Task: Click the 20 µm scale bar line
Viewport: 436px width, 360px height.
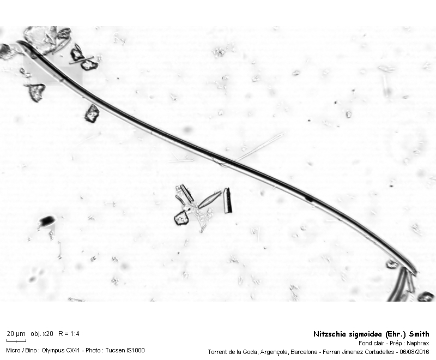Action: point(16,340)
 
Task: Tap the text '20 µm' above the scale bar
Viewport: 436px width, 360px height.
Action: point(16,334)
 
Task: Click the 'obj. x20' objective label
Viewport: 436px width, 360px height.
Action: point(42,334)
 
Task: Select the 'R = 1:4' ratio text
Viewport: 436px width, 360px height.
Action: point(69,334)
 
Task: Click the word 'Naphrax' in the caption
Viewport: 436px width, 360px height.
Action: point(418,343)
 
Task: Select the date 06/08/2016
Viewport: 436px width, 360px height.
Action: point(414,352)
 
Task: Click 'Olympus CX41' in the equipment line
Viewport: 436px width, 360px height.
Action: point(59,350)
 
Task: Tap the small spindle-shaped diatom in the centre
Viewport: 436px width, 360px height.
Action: point(210,199)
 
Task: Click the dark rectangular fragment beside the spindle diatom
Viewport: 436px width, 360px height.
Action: point(228,200)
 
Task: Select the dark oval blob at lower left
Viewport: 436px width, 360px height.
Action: point(46,221)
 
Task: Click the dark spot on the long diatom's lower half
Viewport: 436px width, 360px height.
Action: point(308,199)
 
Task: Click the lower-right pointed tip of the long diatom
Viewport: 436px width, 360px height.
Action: point(416,273)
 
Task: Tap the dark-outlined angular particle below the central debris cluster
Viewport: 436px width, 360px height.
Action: point(181,218)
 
